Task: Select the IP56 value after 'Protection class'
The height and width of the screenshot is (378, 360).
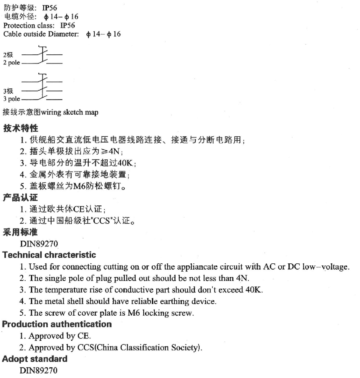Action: pos(68,25)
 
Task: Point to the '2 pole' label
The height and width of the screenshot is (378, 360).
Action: pos(12,63)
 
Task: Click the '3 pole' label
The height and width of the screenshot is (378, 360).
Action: pos(12,99)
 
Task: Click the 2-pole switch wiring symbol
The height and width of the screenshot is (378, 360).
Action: pos(42,58)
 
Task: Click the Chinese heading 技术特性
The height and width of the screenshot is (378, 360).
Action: pos(21,128)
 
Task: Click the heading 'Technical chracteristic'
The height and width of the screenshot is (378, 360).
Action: pos(49,255)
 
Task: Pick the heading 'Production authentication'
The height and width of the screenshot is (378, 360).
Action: pos(57,324)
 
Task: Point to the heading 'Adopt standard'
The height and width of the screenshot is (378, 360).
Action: pos(35,359)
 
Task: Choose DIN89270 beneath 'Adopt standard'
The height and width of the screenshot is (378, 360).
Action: pos(38,370)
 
